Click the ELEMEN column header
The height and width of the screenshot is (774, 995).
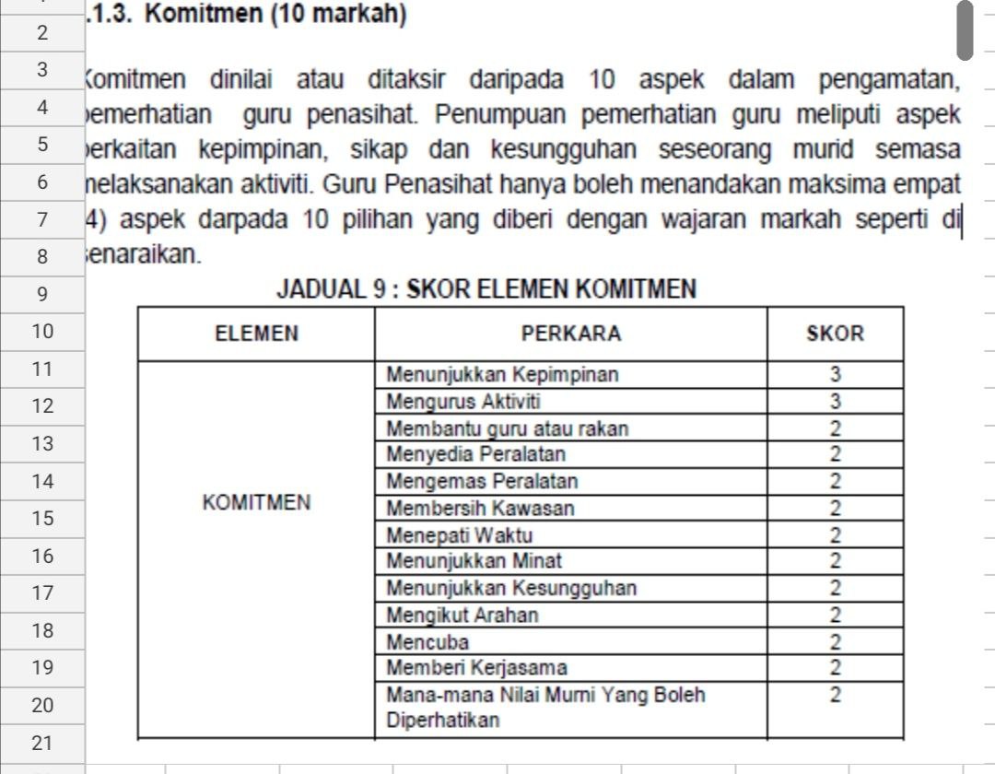click(256, 334)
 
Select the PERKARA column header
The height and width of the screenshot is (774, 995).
click(571, 334)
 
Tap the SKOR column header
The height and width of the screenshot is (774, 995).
click(835, 334)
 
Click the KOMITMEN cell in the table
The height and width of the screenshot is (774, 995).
click(256, 503)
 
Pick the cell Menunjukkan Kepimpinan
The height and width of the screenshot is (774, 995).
click(502, 375)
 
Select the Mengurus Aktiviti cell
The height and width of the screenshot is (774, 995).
click(464, 402)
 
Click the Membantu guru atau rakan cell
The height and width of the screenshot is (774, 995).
click(508, 428)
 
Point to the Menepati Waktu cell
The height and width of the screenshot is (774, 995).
click(460, 535)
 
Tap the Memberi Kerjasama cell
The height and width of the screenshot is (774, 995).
click(476, 667)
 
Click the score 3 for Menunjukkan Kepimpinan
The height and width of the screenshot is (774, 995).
click(835, 375)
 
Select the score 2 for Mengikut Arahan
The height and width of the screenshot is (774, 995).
click(835, 615)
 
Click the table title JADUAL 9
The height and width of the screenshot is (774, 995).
click(486, 291)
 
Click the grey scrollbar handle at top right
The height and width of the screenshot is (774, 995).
click(965, 29)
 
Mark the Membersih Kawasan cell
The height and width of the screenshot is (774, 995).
click(480, 509)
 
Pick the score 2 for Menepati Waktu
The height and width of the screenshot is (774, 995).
click(835, 535)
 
